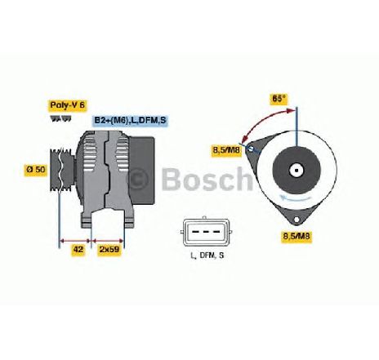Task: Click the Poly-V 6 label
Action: click(68, 105)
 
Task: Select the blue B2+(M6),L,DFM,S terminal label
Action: click(130, 121)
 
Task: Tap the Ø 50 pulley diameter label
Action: click(36, 170)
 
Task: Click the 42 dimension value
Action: click(78, 250)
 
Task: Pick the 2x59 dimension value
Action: click(109, 250)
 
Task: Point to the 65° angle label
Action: click(279, 99)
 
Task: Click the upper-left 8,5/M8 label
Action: click(227, 150)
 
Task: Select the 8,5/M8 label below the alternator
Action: click(297, 236)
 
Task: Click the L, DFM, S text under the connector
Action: click(207, 256)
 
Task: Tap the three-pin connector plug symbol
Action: click(206, 232)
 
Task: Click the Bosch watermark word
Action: click(207, 180)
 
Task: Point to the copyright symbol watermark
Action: click(138, 179)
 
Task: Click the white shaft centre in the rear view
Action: click(297, 171)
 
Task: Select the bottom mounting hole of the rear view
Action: click(297, 220)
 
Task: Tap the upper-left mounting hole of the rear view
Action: click(251, 149)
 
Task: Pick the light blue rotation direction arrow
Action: click(296, 198)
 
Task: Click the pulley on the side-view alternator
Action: click(62, 170)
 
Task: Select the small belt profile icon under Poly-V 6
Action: click(61, 118)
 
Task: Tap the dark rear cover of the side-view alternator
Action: click(142, 171)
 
